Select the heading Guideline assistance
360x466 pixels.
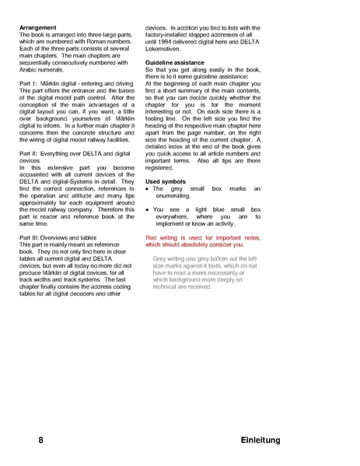(x=176, y=61)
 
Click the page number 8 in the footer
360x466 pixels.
(x=40, y=440)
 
